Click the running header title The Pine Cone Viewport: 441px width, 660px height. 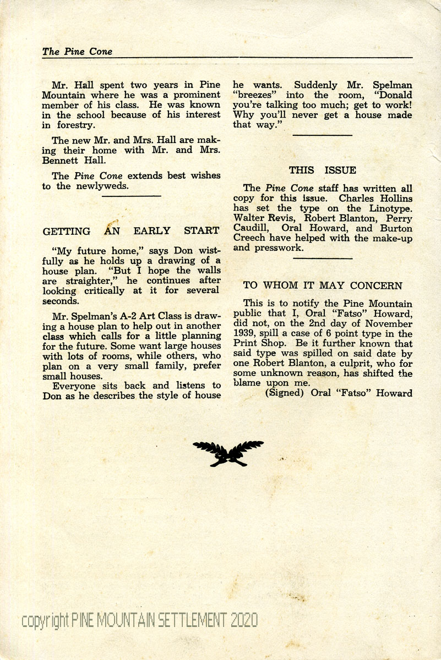[x=77, y=52]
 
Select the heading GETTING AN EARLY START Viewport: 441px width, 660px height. [x=131, y=231]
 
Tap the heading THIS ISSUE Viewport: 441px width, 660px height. [x=323, y=170]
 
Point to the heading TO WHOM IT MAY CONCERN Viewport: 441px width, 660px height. [x=323, y=285]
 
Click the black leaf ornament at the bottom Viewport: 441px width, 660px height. [x=228, y=453]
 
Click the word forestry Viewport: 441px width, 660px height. [x=74, y=125]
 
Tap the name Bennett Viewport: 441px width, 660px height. [x=60, y=161]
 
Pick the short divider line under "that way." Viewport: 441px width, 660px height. [x=322, y=134]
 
